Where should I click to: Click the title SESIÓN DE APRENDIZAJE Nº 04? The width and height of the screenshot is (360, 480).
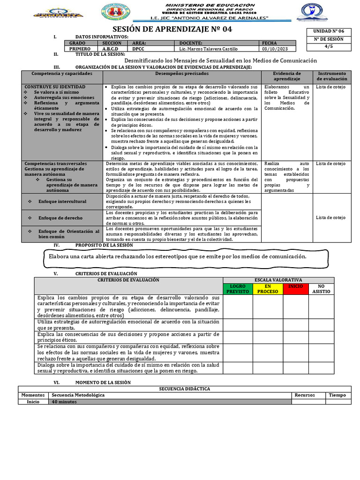point(172,29)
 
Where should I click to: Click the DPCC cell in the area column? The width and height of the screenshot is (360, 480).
point(138,49)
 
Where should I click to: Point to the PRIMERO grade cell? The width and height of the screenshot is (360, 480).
point(80,49)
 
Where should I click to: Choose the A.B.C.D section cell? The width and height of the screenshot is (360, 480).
point(111,49)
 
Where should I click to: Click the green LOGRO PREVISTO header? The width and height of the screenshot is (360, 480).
point(238,289)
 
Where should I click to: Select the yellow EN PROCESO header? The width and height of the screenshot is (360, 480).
point(268,289)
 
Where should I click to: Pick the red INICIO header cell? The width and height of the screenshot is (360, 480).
point(295,286)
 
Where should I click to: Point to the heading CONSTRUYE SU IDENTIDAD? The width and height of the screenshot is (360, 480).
point(55,87)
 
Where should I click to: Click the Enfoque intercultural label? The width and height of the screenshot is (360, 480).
point(62,202)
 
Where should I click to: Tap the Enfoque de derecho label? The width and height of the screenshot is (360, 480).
point(60,218)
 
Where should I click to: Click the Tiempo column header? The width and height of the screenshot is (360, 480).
point(337,395)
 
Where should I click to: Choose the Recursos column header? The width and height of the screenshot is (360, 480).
point(305,395)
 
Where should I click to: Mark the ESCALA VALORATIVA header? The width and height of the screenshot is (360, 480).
point(278,280)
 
